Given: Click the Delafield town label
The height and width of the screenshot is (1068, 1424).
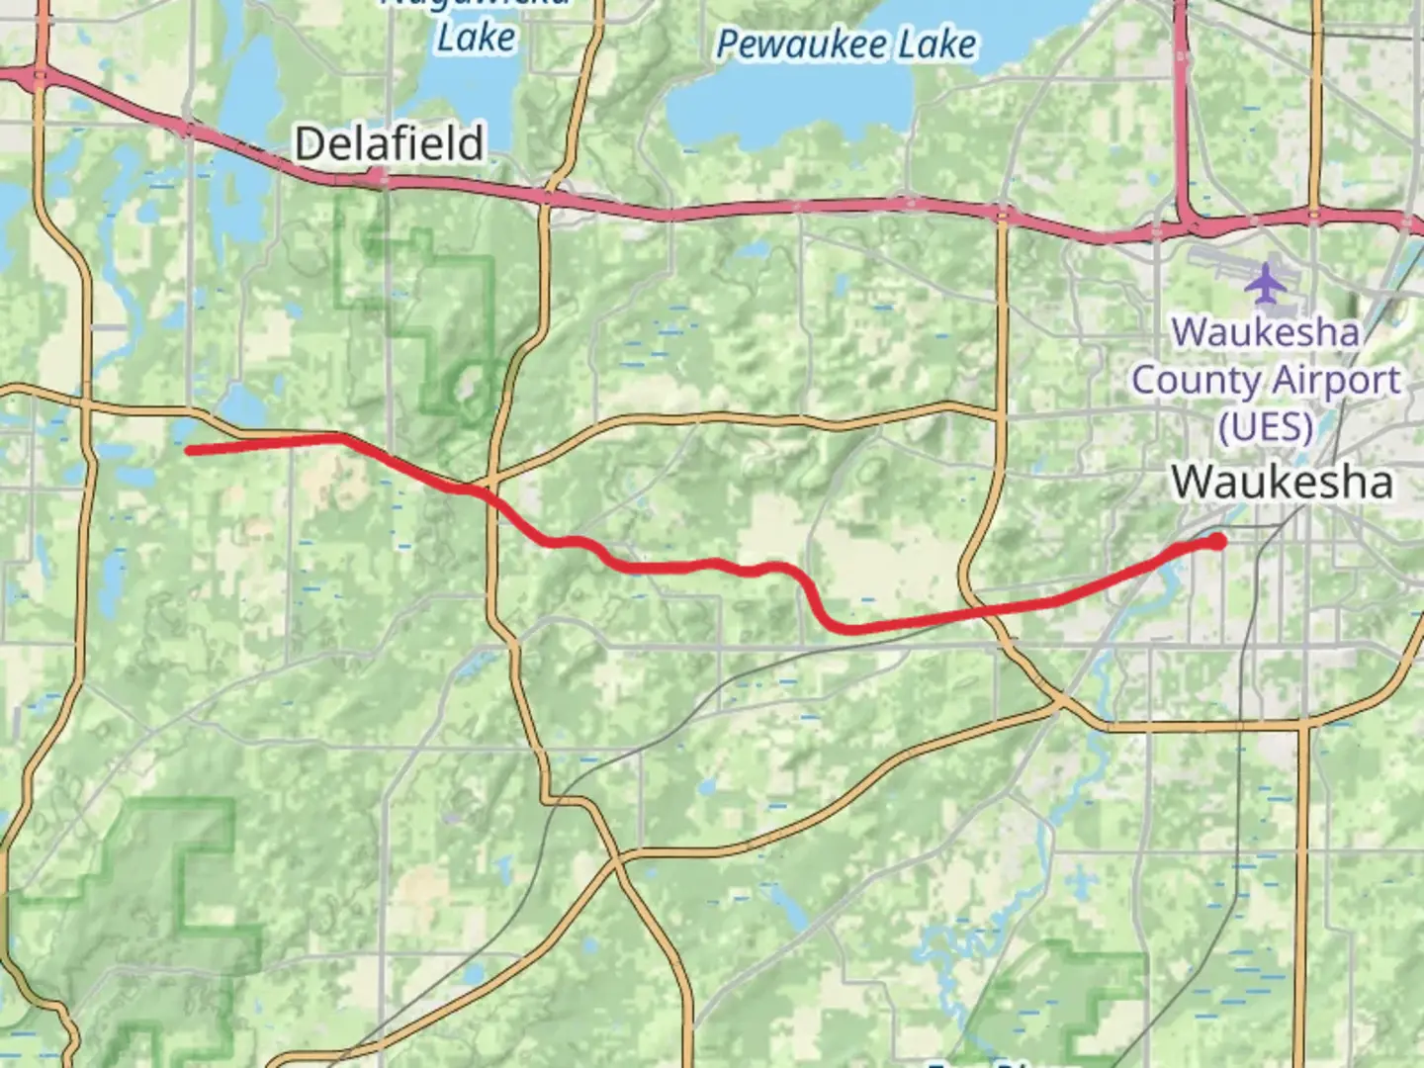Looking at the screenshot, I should pos(390,144).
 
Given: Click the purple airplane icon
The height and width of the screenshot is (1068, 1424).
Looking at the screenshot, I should pos(1264,283).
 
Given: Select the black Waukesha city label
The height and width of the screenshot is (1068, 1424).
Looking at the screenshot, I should pos(1282,483).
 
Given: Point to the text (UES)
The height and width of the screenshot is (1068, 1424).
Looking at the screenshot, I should pos(1266,427).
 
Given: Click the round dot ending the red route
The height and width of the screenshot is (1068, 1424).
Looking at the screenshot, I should pos(1217,540).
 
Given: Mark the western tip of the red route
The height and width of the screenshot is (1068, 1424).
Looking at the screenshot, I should pos(189,451).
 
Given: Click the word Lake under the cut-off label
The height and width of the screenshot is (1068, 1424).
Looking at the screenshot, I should pos(476,39).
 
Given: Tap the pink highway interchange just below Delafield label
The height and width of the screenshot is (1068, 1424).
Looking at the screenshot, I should pos(377,178).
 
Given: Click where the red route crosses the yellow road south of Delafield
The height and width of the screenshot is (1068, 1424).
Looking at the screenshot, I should pos(487,492).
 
